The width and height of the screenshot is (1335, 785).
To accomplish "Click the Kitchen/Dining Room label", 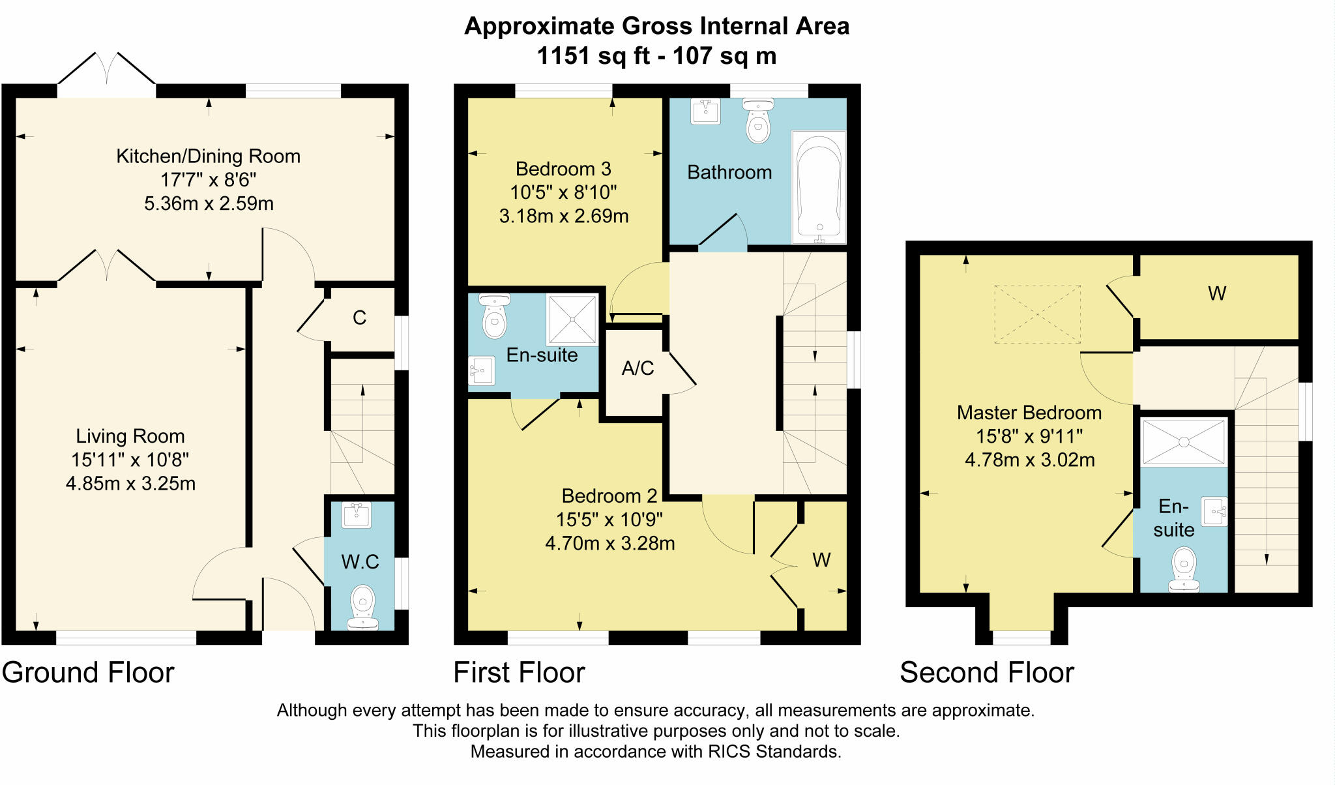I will [x=208, y=156].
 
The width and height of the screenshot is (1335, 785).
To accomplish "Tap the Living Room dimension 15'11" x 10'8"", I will [x=130, y=460].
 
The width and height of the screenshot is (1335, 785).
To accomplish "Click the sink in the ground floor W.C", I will [x=356, y=515].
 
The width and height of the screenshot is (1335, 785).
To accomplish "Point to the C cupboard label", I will [x=359, y=318].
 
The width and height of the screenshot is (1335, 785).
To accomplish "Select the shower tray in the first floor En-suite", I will [x=572, y=319].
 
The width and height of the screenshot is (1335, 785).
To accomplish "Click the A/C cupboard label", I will [x=638, y=368].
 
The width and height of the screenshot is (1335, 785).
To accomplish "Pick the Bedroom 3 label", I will [x=563, y=169].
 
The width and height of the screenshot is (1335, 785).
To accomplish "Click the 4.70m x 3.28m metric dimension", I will [x=609, y=543].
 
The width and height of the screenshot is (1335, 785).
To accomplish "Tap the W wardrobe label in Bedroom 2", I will [x=821, y=559].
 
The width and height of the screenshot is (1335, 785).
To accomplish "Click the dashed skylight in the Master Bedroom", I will [x=1037, y=314].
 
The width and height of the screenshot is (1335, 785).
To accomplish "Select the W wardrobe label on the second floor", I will [x=1217, y=293].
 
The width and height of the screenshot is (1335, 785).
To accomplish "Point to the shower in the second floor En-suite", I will [x=1184, y=442].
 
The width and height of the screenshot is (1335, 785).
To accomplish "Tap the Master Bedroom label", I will [x=1029, y=413].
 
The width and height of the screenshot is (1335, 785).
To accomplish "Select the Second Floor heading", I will [x=986, y=672].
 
